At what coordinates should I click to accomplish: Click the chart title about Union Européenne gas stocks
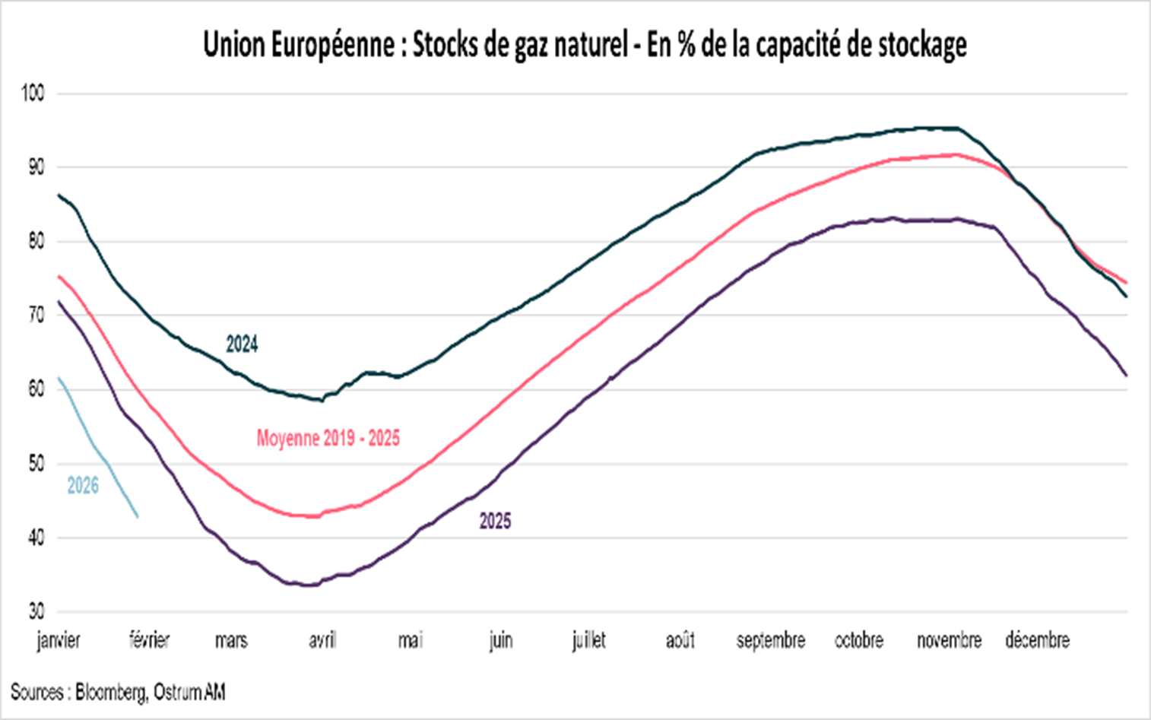coord(584,46)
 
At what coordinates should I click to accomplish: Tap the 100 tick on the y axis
coord(33,94)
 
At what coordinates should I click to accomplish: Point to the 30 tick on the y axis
coord(36,611)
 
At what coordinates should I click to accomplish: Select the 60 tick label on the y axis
coord(36,389)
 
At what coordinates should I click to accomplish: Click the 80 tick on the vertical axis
coord(36,241)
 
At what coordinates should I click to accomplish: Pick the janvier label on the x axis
coord(59,640)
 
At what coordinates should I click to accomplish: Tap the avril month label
coord(322,640)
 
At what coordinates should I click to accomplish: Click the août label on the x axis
coord(680,640)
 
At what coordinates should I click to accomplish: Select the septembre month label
coord(770,640)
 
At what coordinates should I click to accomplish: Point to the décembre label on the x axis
coord(1037,640)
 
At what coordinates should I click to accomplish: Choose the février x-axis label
coord(149,640)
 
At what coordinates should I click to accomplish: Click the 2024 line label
coord(242,344)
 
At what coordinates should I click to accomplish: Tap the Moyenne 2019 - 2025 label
coord(328,438)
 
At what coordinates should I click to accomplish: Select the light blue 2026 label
coord(83,486)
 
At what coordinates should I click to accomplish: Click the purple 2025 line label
coord(495,521)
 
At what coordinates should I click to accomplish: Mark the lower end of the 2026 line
coord(138,517)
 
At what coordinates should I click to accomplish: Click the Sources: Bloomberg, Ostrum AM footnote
coord(118,693)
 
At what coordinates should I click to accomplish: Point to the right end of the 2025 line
coord(1126,375)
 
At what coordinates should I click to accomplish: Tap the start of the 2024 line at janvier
coord(59,195)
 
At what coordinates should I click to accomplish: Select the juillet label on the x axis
coord(588,640)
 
